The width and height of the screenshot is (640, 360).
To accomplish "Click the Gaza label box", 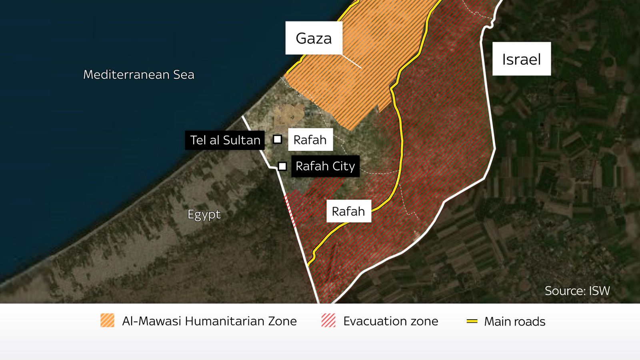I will coord(314,38).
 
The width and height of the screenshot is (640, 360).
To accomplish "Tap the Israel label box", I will coord(521,59).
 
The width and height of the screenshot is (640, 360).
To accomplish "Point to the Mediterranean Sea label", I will coord(138,75).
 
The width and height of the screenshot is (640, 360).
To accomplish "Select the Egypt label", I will coord(204,214).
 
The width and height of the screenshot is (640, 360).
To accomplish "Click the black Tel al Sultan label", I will coord(225,140).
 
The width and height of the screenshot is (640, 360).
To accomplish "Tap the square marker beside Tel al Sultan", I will coord(277,139).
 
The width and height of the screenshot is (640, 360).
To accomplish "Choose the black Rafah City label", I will coord(325,166).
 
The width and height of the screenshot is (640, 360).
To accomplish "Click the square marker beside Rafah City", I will coord(282,166).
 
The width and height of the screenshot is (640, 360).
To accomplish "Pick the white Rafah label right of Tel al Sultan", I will coord(310,140).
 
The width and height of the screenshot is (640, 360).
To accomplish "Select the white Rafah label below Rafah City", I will coord(348,211).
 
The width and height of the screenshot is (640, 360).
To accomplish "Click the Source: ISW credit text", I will coord(577,291).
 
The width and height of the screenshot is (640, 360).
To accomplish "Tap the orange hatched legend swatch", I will coord(107,320).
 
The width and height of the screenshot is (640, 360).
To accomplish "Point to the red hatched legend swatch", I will coord(328,320).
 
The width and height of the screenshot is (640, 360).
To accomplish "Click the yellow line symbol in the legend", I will coord(472,321).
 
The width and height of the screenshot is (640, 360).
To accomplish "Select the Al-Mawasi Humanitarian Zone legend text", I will coord(209,321).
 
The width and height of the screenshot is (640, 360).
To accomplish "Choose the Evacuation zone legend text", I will coord(390,321).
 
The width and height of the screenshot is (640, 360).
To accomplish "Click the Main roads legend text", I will coord(514,322).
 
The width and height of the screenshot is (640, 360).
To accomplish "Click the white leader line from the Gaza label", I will coord(352,61).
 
